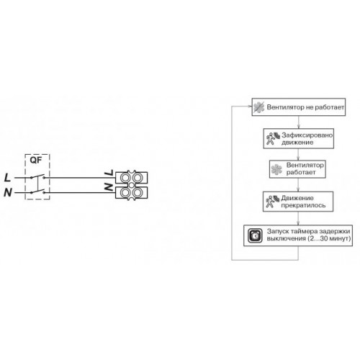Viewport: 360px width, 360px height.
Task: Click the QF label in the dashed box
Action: [36, 160]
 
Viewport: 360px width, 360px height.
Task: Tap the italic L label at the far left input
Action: [7, 178]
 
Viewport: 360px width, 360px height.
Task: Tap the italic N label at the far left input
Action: [7, 192]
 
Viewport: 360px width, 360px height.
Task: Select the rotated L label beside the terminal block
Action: [109, 173]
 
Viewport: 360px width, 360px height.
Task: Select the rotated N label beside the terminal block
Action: [109, 187]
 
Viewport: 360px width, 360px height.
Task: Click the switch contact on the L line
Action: [37, 176]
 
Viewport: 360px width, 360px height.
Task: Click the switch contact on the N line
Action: [37, 192]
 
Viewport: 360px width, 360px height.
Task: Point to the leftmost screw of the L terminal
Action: [125, 178]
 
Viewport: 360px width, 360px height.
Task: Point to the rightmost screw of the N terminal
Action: [138, 192]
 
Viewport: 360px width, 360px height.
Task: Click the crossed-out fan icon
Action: [258, 107]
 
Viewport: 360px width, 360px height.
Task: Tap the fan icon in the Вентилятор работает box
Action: [276, 169]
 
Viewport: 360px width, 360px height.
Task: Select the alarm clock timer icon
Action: [255, 235]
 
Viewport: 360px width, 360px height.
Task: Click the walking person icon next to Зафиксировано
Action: [273, 138]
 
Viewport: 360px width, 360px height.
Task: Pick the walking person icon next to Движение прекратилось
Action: [272, 202]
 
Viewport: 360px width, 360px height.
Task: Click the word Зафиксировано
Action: [307, 135]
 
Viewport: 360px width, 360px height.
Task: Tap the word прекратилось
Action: [303, 205]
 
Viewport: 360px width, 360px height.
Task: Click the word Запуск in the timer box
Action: [277, 232]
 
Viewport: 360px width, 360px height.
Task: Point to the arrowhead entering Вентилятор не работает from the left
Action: [250, 107]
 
